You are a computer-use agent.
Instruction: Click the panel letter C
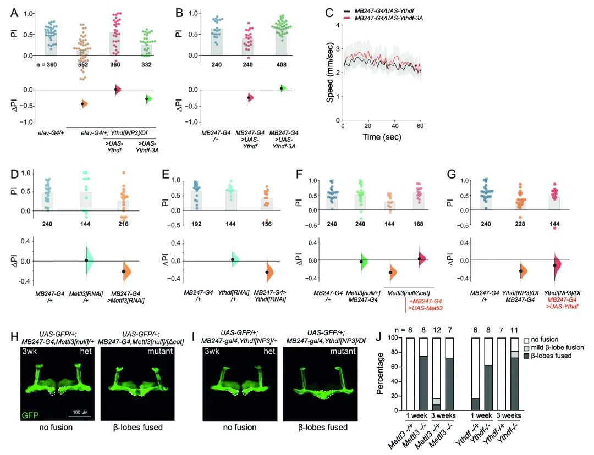pos(329,12)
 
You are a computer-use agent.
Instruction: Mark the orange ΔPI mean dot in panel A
pos(82,104)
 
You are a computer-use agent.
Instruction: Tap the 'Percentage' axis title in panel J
pos(380,374)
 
